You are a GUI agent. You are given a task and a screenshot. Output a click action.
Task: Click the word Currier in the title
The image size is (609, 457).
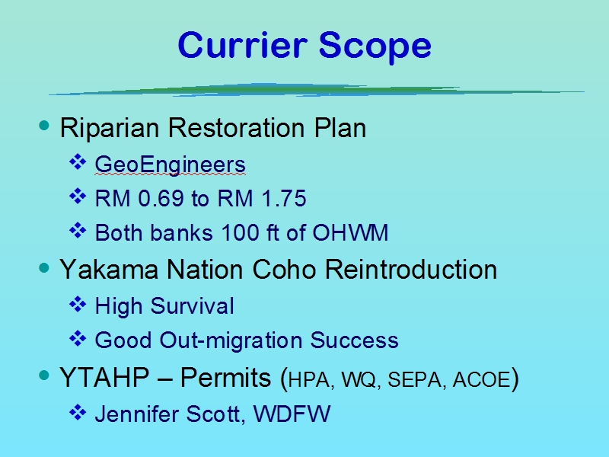[243, 45]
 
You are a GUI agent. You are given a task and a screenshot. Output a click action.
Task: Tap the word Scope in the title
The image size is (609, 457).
[375, 47]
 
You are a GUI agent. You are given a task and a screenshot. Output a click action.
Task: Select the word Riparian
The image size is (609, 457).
[110, 128]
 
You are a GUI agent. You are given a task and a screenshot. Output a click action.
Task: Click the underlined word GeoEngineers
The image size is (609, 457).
[170, 165]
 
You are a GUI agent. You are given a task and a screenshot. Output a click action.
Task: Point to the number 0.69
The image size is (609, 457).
[161, 198]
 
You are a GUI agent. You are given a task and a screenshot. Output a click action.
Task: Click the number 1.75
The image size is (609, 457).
[284, 198]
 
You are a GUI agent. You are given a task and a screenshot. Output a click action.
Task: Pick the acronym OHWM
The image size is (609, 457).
[350, 232]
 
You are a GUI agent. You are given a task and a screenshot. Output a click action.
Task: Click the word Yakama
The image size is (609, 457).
[109, 270]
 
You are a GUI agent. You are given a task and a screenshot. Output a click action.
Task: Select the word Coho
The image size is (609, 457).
[284, 270]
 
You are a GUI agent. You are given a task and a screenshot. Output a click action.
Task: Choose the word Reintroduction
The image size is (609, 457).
[411, 270]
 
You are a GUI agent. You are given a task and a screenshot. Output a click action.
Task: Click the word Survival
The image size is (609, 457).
[193, 305]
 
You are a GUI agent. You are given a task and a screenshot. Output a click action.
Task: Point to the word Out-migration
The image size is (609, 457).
[231, 340]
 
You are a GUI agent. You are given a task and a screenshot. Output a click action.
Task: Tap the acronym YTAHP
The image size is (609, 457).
[104, 377]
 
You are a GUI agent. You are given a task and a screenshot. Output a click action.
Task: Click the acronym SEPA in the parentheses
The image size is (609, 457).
[414, 379]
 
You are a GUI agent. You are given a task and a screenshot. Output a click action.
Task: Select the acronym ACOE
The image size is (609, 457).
[482, 379]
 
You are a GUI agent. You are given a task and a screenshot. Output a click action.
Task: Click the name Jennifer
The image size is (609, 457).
[137, 414]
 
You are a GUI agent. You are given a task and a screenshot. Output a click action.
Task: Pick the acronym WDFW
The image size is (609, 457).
[292, 414]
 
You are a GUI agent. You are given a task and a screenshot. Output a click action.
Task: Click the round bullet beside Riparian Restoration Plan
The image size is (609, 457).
[44, 125]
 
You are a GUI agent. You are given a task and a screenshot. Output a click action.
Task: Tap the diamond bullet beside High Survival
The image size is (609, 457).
[78, 304]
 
